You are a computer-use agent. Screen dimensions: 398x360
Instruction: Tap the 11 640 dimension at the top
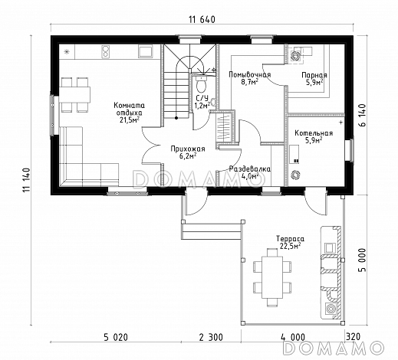tap(202, 20)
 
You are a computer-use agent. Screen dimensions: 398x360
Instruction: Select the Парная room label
tap(314, 75)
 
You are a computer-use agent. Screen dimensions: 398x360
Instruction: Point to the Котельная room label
tap(314, 133)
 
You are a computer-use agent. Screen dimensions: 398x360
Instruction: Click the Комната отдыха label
tap(130, 109)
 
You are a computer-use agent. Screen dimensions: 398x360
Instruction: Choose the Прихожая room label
tap(188, 149)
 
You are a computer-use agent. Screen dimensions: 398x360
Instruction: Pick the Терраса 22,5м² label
tap(290, 242)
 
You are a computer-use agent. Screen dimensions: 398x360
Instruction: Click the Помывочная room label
tap(250, 75)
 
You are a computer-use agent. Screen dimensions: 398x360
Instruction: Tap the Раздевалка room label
tap(250, 169)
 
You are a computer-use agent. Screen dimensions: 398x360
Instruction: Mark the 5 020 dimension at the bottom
tap(116, 337)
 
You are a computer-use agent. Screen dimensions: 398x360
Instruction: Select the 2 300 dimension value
tap(211, 337)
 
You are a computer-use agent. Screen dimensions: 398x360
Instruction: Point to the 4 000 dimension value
tap(293, 337)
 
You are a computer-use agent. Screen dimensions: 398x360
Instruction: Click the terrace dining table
tap(272, 277)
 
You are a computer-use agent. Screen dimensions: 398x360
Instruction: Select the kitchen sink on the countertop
tap(146, 51)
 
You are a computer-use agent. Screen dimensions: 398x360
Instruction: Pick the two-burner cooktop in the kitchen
tap(105, 52)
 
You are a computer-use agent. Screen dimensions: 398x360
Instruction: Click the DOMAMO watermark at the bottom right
tap(334, 348)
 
